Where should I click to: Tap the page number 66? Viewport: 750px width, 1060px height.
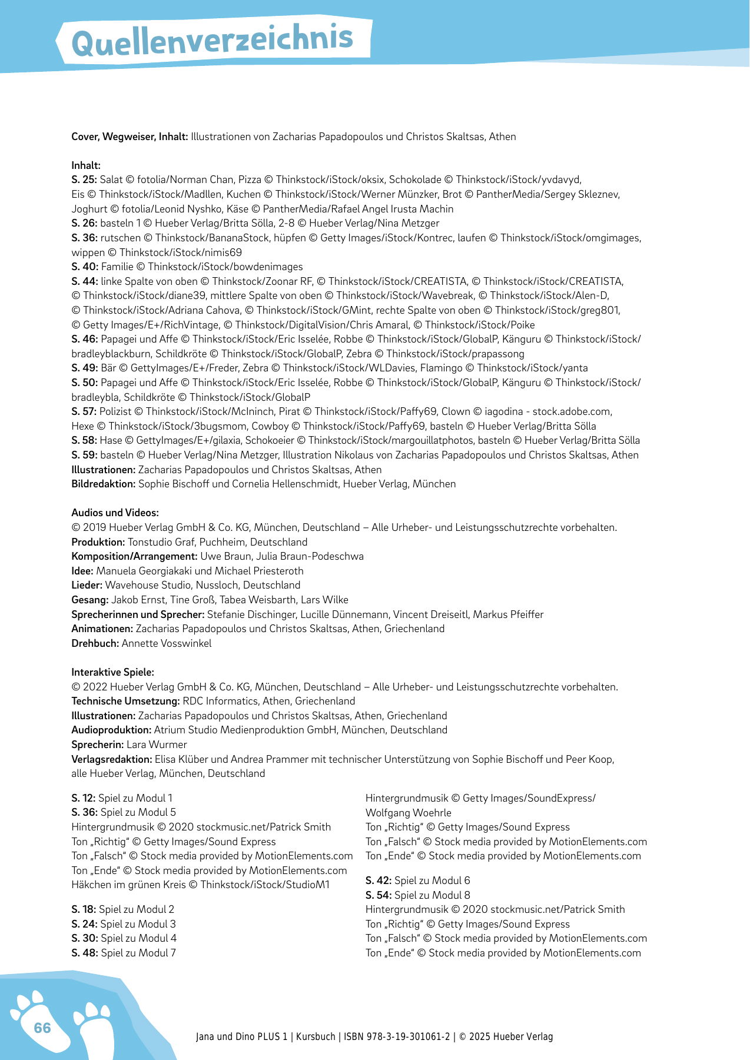[42, 1028]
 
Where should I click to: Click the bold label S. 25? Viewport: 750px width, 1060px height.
[84, 180]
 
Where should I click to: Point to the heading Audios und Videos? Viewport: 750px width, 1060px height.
[115, 513]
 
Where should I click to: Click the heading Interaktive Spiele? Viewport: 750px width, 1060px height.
[112, 672]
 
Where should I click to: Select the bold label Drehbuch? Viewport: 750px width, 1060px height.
[95, 643]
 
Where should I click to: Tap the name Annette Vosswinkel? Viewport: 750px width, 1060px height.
[167, 643]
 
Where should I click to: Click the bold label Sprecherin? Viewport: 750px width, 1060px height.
[97, 745]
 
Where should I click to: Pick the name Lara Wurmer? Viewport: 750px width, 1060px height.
[157, 745]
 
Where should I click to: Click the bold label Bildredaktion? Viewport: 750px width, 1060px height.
[103, 484]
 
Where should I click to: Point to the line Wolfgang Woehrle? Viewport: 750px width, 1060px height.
[408, 813]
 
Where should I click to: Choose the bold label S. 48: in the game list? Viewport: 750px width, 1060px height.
[84, 953]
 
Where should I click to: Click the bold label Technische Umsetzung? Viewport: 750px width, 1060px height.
[125, 701]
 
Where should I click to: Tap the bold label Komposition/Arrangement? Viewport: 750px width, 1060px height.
[134, 556]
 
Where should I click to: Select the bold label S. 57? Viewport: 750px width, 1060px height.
[84, 411]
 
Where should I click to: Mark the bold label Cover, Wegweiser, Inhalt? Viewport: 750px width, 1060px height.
[130, 137]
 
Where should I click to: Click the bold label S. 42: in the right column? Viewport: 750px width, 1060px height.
[378, 880]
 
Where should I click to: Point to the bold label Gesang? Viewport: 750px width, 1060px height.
[89, 600]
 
